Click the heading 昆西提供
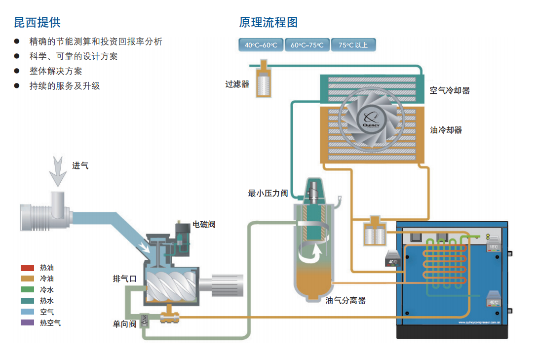click(37, 22)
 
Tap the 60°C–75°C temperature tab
click(306, 45)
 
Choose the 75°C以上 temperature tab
click(353, 45)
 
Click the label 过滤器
click(237, 84)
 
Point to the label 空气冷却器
click(449, 90)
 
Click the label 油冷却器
click(446, 130)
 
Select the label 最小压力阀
click(268, 193)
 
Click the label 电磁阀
click(203, 224)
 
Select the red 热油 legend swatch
click(27, 268)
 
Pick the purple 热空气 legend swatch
click(27, 322)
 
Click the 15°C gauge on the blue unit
click(494, 245)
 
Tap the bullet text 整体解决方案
click(56, 71)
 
